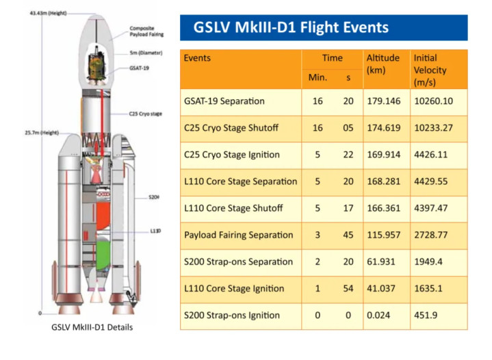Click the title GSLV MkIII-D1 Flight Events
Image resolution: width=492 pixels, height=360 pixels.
click(291, 27)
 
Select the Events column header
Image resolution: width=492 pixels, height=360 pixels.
click(197, 58)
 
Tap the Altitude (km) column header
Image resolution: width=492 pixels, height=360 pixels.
click(383, 64)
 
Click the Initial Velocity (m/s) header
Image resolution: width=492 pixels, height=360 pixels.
click(430, 70)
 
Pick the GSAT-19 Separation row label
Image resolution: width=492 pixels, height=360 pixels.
click(224, 101)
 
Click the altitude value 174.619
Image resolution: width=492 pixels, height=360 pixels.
click(383, 128)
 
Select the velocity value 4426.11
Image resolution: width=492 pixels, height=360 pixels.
click(430, 155)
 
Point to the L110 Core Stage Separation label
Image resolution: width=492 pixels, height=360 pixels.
click(240, 181)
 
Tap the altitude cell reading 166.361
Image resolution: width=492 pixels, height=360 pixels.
click(383, 208)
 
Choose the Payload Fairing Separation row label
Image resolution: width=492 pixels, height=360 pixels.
click(238, 235)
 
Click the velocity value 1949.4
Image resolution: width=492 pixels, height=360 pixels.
click(428, 261)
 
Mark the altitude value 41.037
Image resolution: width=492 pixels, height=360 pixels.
click(381, 288)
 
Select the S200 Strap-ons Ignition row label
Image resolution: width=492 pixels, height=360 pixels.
click(231, 315)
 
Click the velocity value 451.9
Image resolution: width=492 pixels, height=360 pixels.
click(426, 315)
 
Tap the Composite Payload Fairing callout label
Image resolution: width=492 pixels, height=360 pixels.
click(146, 31)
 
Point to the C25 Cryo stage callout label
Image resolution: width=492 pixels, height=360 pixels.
click(145, 114)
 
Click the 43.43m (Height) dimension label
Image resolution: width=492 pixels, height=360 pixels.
click(48, 13)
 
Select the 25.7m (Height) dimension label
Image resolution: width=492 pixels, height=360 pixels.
click(42, 133)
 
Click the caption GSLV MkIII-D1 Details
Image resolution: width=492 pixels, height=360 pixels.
click(92, 327)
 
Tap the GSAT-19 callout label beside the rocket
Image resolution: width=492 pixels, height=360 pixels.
click(139, 68)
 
